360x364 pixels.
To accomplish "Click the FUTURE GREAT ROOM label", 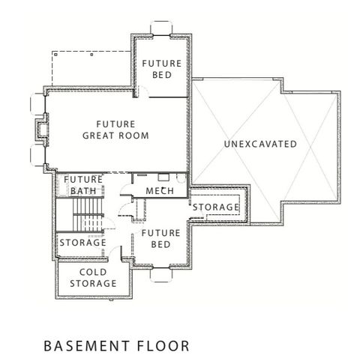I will tap(115, 129).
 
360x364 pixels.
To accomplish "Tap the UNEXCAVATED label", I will tap(259, 143).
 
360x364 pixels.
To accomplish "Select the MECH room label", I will tap(160, 192).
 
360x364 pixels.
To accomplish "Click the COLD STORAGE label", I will tap(93, 278).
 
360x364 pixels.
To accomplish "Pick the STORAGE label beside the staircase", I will tap(82, 243).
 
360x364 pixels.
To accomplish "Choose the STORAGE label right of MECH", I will tap(216, 207).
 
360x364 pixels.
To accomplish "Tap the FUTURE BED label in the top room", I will tap(161, 70).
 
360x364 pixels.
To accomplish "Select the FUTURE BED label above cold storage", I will tap(160, 239).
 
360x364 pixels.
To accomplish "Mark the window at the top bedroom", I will tap(160, 30).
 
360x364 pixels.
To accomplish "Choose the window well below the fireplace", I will tap(35, 157).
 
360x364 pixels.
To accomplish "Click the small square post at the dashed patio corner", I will tap(89, 54).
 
